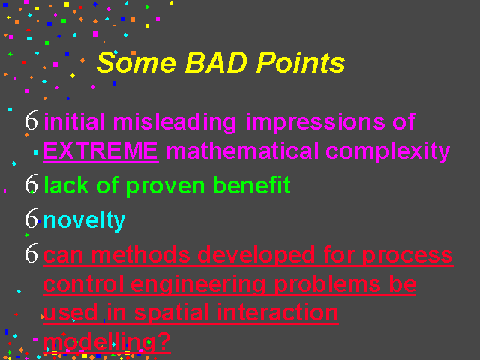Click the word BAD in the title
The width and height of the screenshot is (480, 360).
(216, 62)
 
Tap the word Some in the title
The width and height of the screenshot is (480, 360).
(136, 62)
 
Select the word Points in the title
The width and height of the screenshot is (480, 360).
(301, 62)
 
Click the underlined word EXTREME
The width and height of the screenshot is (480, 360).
(100, 151)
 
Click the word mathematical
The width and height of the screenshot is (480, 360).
(242, 151)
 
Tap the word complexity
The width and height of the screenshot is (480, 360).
(388, 151)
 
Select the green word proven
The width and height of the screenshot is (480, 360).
(165, 186)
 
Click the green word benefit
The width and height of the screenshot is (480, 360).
(252, 185)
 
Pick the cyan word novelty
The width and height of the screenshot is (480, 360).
(84, 220)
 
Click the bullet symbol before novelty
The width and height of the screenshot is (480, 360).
(31, 218)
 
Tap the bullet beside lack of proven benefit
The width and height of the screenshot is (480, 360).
(31, 184)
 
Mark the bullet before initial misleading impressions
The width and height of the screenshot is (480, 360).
(31, 120)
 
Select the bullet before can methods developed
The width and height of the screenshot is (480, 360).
(31, 253)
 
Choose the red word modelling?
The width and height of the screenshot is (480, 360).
(106, 341)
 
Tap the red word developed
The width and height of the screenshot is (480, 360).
(256, 255)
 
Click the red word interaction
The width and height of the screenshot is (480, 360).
(278, 312)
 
